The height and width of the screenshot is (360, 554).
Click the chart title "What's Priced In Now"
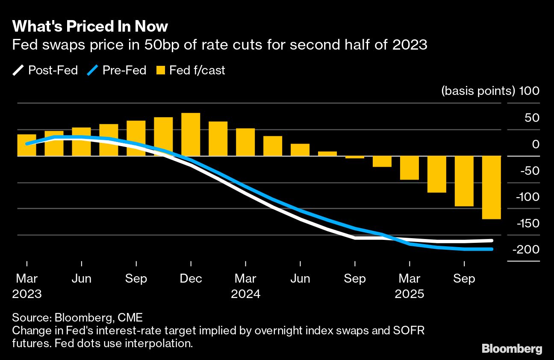[x=90, y=27]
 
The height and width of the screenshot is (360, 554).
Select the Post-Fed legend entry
[x=45, y=70]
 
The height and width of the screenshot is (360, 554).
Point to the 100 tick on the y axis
[x=529, y=91]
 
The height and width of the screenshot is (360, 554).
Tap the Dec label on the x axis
[x=191, y=279]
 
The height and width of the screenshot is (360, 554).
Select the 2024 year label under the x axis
[x=245, y=295]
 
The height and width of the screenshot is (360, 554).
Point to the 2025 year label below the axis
[x=410, y=295]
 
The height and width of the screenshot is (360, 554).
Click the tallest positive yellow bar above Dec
[x=191, y=134]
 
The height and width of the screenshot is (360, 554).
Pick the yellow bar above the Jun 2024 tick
[x=300, y=150]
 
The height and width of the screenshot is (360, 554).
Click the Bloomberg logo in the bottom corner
[x=512, y=348]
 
